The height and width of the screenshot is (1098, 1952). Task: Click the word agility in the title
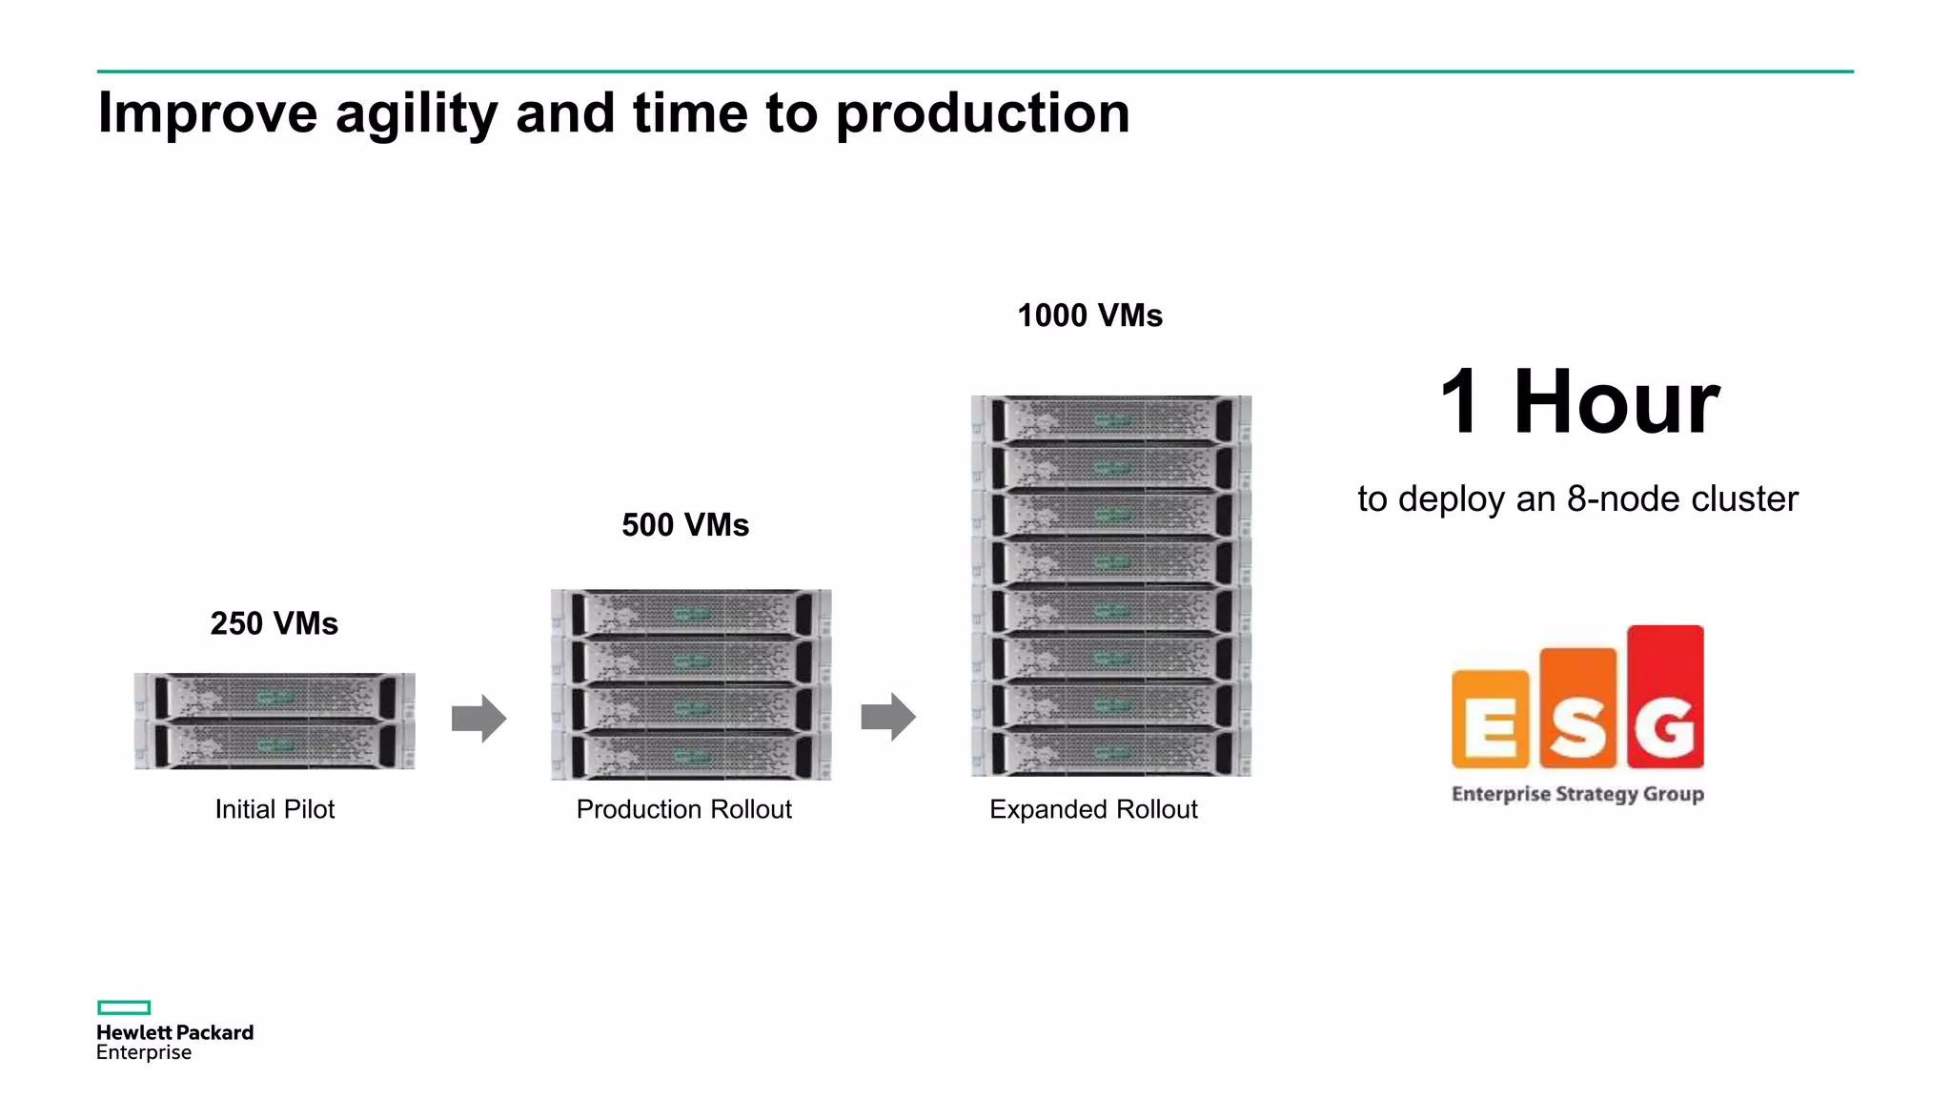416,113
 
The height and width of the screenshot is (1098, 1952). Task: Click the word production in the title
982,113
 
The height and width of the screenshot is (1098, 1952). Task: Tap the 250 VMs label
274,623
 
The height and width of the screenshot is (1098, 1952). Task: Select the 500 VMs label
685,525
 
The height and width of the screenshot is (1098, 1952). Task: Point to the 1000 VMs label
1089,315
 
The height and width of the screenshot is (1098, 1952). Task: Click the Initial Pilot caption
274,809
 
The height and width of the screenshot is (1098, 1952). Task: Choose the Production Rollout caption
683,809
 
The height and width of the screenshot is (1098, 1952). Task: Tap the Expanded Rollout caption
1093,809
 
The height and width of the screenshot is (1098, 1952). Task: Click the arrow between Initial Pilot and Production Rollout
478,718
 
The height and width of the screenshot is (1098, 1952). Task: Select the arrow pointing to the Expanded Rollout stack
888,717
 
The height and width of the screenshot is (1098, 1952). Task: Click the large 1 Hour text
1579,402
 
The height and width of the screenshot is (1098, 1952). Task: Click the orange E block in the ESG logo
1490,720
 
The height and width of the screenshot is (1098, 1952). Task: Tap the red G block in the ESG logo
1665,698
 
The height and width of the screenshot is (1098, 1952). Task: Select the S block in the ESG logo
1577,709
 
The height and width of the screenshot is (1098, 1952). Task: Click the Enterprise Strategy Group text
1577,794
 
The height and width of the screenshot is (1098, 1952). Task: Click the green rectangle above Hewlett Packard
124,1007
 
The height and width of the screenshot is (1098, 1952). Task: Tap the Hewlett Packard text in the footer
174,1032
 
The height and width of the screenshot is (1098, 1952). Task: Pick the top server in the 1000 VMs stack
1111,419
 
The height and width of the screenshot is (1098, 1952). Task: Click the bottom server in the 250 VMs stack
274,744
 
